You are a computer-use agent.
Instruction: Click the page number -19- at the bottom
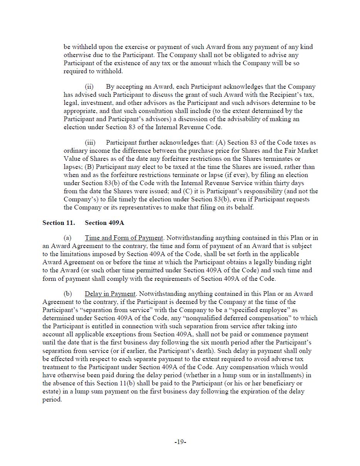click(x=180, y=442)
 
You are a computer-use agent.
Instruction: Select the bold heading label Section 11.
click(x=59, y=223)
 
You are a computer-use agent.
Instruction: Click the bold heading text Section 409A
click(x=104, y=223)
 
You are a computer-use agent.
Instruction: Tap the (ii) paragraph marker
click(x=89, y=87)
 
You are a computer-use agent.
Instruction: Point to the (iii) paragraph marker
click(x=90, y=143)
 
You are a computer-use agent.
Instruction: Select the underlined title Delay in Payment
click(x=110, y=294)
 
